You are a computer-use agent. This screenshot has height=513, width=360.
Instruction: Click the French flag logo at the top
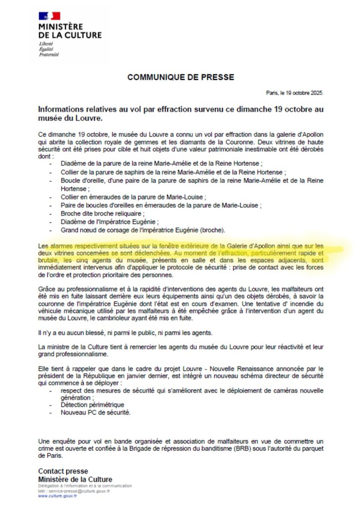coord(49,16)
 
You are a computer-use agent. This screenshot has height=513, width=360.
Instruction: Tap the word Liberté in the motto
coord(46,44)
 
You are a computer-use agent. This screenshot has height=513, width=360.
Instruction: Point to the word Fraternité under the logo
coord(49,55)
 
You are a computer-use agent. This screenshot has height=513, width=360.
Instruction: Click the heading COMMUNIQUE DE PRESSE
coord(180,77)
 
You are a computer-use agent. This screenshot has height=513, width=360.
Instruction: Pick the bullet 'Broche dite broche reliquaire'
coord(103,213)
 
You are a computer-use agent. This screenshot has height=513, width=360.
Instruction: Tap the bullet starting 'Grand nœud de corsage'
coord(143,230)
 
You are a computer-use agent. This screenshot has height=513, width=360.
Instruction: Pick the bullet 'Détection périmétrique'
coord(92,404)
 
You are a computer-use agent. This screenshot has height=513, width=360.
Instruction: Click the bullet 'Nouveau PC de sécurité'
coord(95,413)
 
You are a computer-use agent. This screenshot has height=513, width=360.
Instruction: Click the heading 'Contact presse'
coord(63,472)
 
